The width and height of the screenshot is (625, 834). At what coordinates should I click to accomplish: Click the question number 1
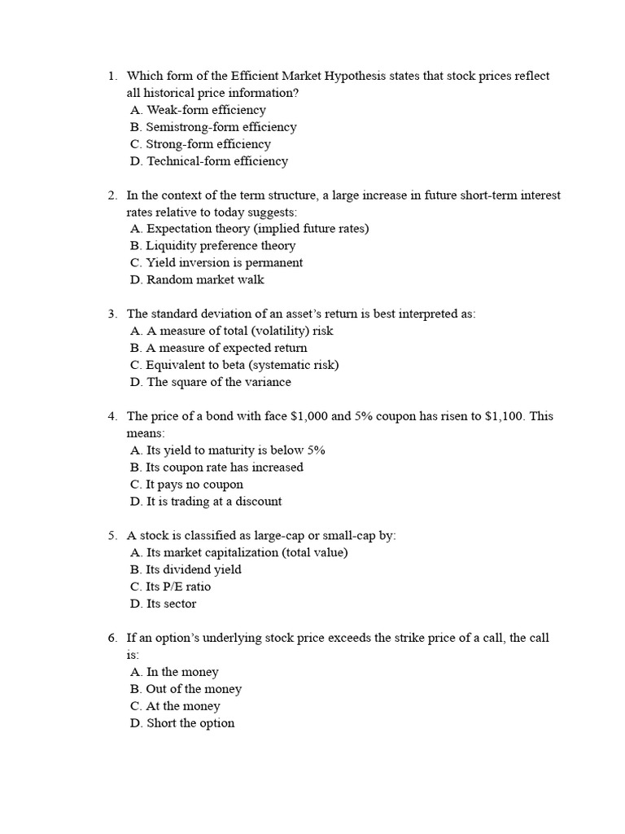111,76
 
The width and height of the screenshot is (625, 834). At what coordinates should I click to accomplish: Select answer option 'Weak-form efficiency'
198,110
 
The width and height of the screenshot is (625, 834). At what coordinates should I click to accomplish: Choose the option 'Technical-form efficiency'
209,161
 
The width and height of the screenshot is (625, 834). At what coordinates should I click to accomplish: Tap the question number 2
111,195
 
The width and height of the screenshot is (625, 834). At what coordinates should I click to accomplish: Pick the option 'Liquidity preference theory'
212,246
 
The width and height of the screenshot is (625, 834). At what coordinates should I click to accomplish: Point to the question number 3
111,314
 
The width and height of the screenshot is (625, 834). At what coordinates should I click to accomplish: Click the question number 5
111,536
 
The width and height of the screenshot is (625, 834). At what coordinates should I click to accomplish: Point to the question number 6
111,638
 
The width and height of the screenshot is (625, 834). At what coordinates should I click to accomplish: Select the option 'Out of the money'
186,689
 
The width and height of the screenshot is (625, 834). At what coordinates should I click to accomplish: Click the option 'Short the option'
182,723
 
